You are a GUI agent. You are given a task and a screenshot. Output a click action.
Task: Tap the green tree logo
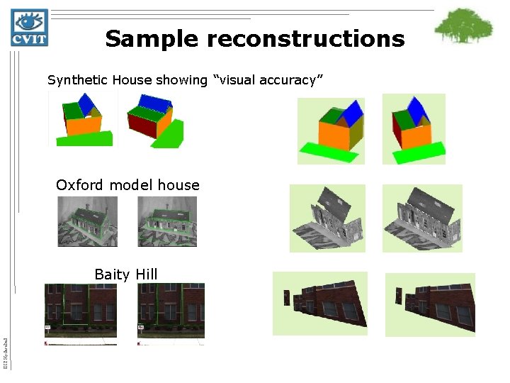[x=463, y=26]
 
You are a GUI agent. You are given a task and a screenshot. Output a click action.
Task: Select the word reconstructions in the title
[x=305, y=38]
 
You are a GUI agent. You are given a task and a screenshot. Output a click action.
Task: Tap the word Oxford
[x=81, y=185]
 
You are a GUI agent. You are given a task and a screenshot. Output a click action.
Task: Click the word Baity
[x=110, y=274]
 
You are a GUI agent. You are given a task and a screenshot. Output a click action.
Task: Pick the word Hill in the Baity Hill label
[x=146, y=274]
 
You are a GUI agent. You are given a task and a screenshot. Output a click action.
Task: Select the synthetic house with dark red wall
[x=154, y=121]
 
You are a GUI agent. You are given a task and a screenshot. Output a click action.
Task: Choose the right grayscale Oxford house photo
[x=167, y=221]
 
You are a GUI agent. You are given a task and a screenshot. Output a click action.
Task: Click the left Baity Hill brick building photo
[x=80, y=312]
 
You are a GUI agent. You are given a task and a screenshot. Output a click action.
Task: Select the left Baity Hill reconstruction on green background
[x=320, y=303]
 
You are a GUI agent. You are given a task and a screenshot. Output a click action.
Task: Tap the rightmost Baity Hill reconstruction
[x=430, y=304]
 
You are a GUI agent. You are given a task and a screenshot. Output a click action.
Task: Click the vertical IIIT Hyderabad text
[x=6, y=352]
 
